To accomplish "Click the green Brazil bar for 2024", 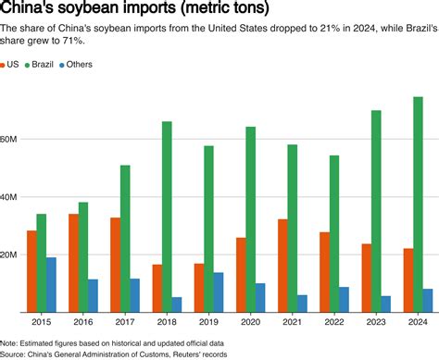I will pos(418,204).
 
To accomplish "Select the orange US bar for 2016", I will pos(73,263).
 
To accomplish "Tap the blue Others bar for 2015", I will pos(52,284).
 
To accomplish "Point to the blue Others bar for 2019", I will pos(219,292).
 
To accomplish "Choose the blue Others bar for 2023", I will pos(386,304).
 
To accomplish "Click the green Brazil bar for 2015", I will pos(42,263).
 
